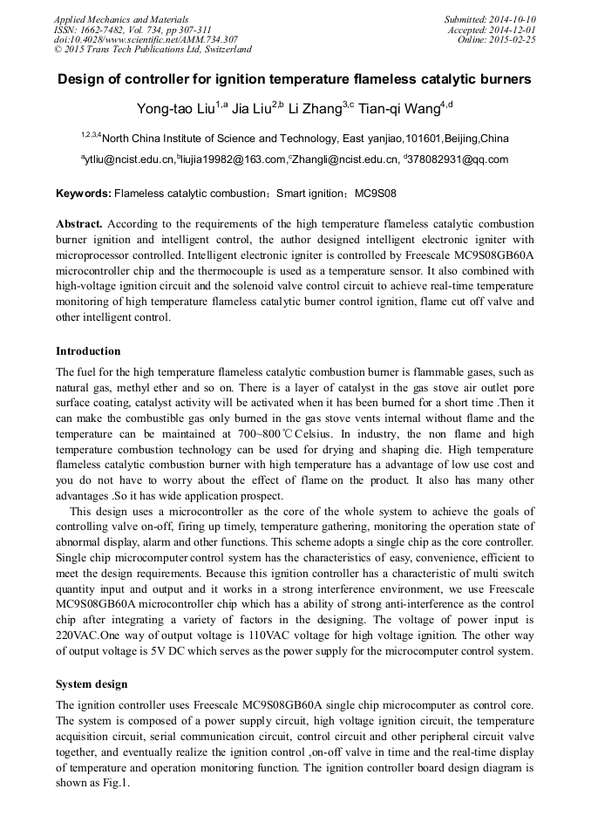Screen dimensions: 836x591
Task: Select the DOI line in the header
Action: click(x=146, y=39)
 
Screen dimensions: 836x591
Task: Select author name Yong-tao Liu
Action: click(x=177, y=108)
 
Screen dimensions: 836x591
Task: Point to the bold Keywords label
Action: click(x=83, y=192)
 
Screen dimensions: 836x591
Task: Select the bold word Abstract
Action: click(x=79, y=224)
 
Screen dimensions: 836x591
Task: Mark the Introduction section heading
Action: click(x=88, y=351)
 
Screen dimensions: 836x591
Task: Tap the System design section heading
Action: click(x=92, y=684)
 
